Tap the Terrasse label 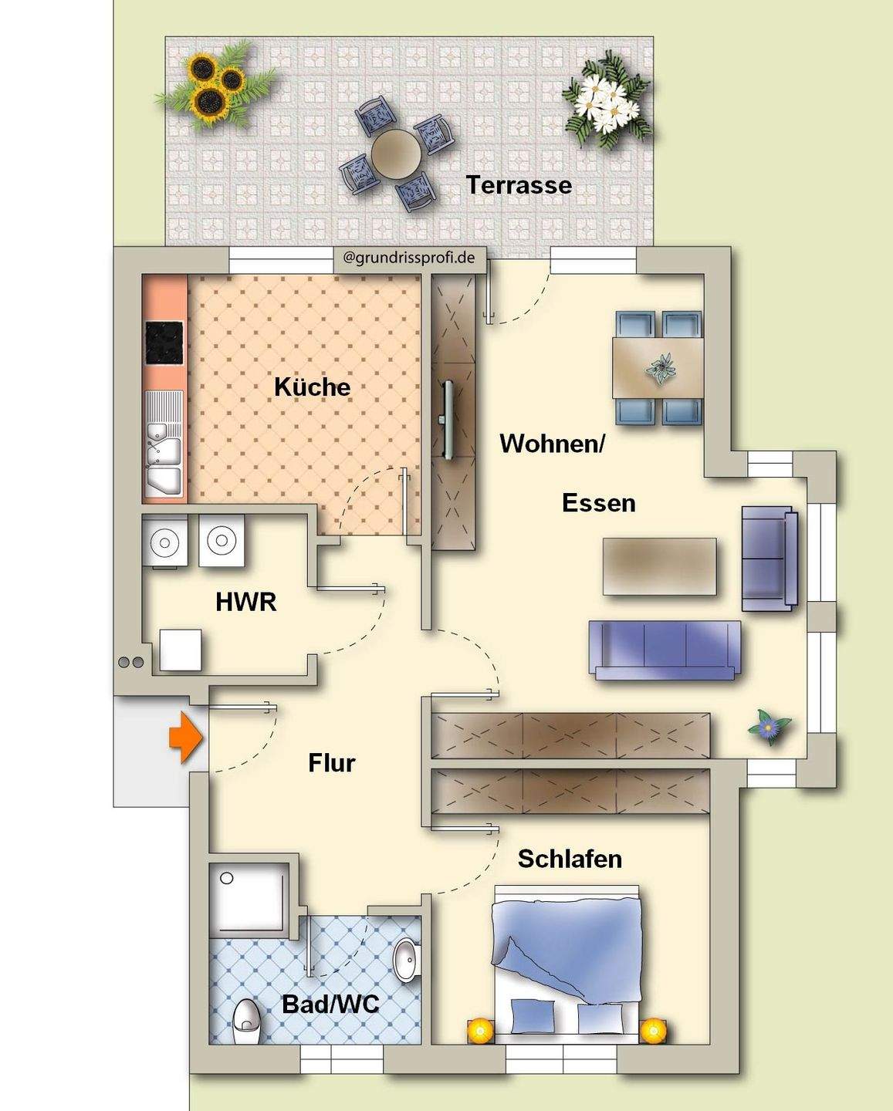pos(519,185)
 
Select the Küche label pos(312,387)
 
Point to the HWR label pos(245,602)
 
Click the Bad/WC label pos(330,1004)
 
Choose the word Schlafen pos(570,859)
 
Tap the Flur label pos(332,763)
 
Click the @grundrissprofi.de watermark pos(409,258)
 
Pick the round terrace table pos(395,152)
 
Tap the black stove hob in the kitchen pos(164,343)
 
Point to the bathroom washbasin pos(406,960)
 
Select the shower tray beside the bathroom pos(249,900)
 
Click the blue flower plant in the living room pos(769,726)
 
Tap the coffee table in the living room pos(659,566)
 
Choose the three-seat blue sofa pos(665,649)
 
